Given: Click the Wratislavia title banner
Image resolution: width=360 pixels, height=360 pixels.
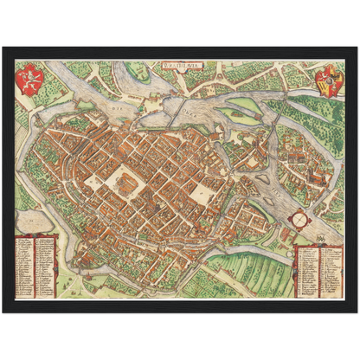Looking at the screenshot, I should tap(180, 63).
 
